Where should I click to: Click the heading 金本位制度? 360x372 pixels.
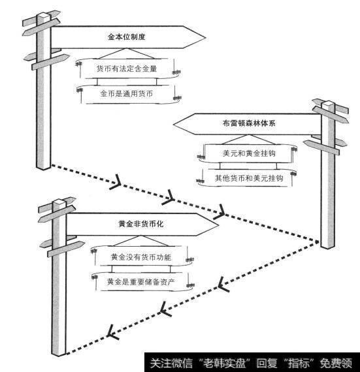pyautogui.click(x=125, y=38)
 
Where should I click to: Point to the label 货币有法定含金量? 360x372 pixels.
pyautogui.click(x=126, y=69)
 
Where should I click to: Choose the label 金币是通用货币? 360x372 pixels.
pyautogui.click(x=126, y=94)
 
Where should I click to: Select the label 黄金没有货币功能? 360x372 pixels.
pyautogui.click(x=140, y=256)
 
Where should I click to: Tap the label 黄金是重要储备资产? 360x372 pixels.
pyautogui.click(x=140, y=282)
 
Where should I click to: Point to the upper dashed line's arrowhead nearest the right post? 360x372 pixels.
pyautogui.click(x=222, y=211)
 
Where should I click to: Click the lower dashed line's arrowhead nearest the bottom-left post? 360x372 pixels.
pyautogui.click(x=112, y=333)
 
